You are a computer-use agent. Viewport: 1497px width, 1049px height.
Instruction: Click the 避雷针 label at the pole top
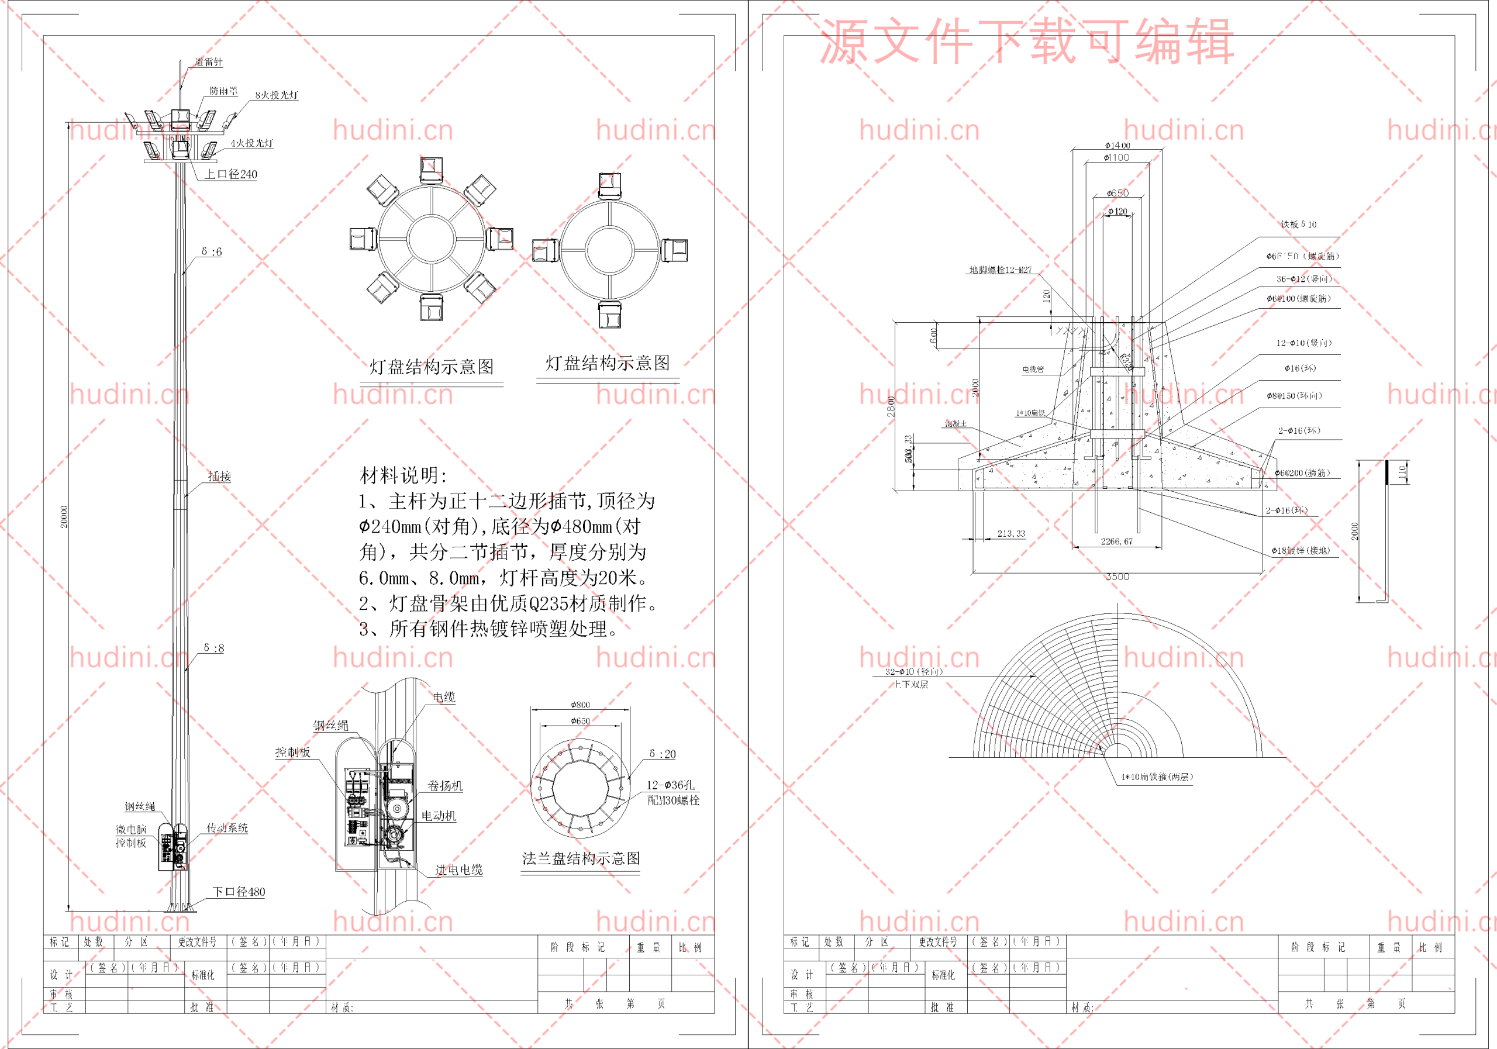click(209, 62)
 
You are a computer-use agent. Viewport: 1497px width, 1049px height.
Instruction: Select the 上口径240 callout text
click(231, 174)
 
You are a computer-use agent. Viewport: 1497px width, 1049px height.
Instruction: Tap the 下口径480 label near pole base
click(239, 892)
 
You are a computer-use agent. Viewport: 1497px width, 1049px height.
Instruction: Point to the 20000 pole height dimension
click(64, 516)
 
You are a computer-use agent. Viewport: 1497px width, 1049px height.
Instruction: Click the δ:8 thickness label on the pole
click(213, 648)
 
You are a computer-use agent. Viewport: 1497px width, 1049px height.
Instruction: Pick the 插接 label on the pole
click(220, 476)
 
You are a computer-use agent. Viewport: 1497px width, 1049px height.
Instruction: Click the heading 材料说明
click(402, 475)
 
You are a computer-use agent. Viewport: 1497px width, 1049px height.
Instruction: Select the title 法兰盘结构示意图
click(580, 858)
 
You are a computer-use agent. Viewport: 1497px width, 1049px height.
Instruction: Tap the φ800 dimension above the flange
click(580, 705)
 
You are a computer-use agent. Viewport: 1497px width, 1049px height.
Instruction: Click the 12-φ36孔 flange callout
click(670, 785)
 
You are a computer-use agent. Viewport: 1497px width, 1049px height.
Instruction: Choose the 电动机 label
click(438, 816)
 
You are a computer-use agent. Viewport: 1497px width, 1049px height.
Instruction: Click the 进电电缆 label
click(458, 869)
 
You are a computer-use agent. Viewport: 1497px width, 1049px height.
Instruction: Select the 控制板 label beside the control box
click(293, 752)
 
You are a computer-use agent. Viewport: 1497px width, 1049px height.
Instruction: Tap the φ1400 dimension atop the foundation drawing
click(1117, 146)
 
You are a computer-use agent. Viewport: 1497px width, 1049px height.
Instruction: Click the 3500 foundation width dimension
click(1117, 577)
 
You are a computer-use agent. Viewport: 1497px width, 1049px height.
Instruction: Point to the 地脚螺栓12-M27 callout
click(1000, 270)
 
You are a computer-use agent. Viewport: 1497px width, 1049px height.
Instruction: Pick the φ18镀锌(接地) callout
click(1300, 550)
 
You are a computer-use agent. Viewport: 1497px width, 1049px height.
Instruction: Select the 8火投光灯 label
click(277, 95)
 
